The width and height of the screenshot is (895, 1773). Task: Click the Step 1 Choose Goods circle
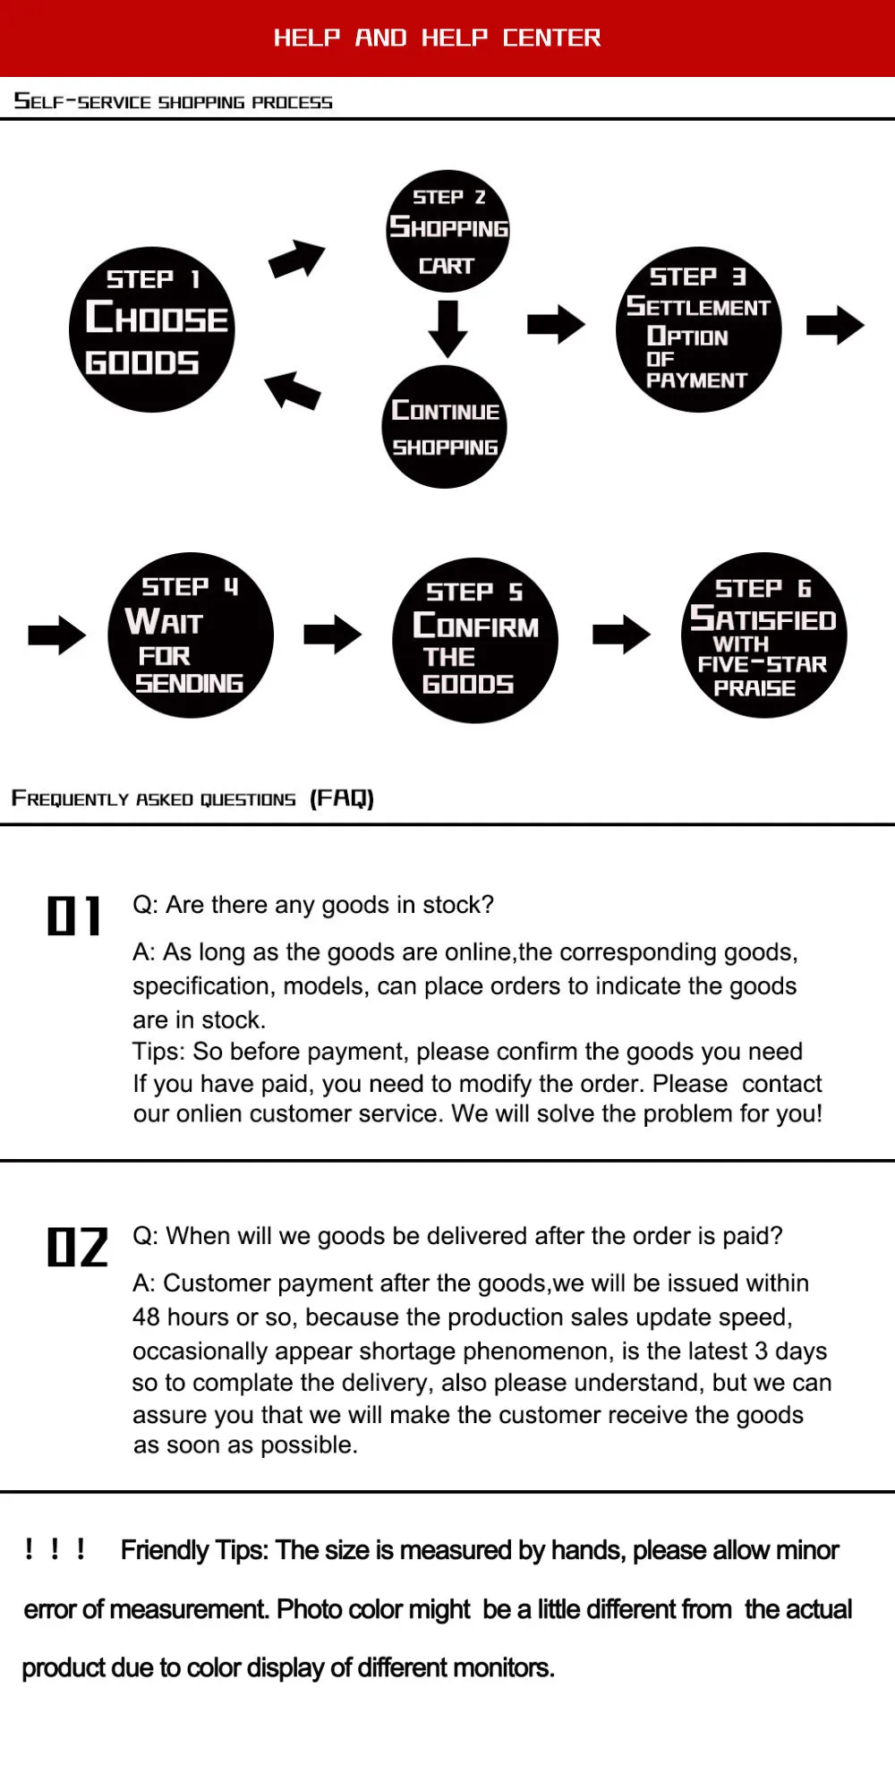tap(152, 329)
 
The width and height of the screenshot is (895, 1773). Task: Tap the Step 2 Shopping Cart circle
tap(448, 231)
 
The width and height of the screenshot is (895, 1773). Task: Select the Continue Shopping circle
tap(445, 427)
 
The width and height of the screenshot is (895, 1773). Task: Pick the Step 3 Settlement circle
tap(699, 329)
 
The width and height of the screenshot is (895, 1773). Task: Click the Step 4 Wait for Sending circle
tap(191, 635)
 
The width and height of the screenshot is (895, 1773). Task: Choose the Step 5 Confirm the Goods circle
tap(475, 640)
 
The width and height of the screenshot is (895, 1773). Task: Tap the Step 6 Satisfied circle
tap(764, 635)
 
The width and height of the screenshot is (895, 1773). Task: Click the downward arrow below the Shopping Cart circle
tap(447, 328)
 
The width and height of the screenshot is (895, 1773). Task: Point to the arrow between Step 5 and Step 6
tap(621, 635)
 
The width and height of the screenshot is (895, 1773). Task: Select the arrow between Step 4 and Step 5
tap(333, 635)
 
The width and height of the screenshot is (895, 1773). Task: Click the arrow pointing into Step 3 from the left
tap(556, 324)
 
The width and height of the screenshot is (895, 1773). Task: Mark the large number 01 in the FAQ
tap(74, 916)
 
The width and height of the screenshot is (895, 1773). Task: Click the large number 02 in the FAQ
tap(78, 1247)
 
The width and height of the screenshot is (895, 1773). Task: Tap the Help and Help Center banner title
tap(437, 38)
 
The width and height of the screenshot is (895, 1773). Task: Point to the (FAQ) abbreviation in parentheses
tap(342, 797)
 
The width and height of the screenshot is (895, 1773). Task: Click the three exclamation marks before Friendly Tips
tap(55, 1548)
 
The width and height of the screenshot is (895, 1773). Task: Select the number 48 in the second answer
tap(146, 1317)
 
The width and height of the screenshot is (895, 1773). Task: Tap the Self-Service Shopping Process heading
tap(174, 101)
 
